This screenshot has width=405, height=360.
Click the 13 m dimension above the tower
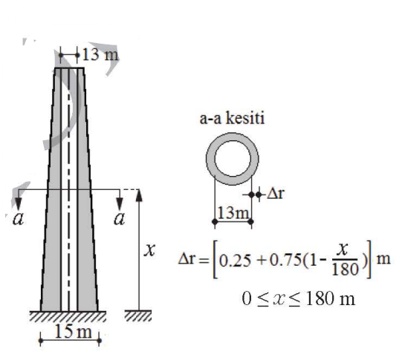pos(97,54)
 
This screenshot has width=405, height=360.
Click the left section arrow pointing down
pos(18,200)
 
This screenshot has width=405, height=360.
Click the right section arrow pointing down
pos(120,200)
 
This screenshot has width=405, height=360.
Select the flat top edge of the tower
pos(70,68)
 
